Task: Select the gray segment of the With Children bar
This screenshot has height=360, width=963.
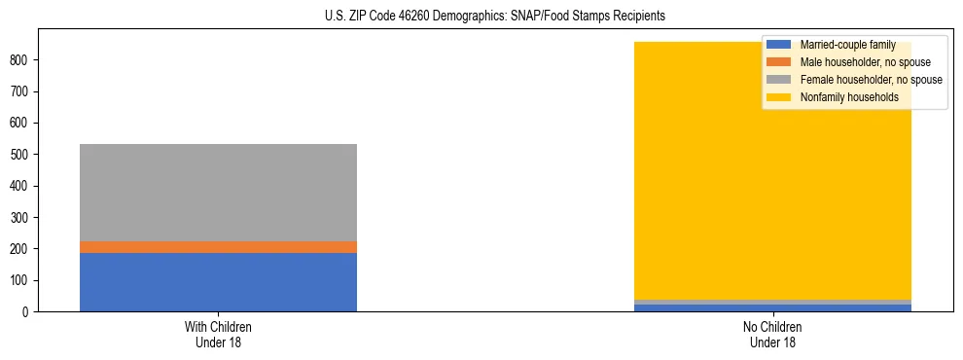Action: [x=218, y=193]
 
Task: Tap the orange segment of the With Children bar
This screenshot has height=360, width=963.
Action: [x=218, y=247]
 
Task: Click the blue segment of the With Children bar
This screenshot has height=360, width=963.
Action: [x=218, y=282]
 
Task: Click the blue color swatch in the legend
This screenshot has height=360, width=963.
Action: [x=779, y=45]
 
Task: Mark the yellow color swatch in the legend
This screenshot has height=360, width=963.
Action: [x=779, y=97]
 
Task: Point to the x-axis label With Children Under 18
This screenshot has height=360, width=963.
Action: [x=218, y=334]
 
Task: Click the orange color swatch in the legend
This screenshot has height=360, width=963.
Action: [x=779, y=62]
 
